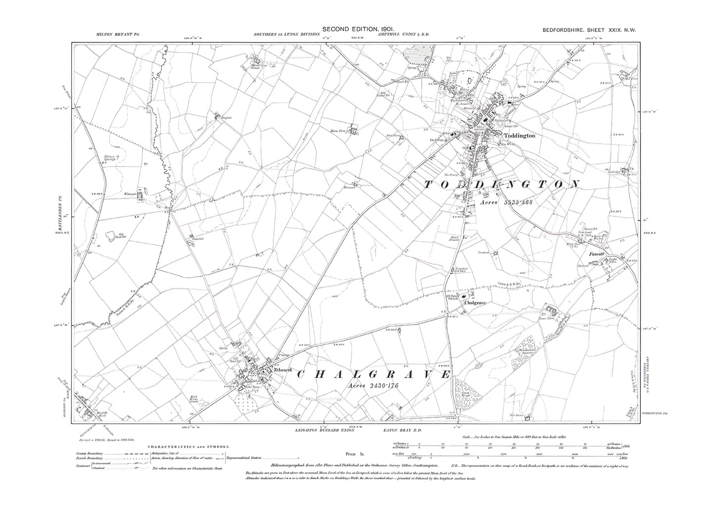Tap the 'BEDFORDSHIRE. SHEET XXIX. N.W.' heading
click(588, 30)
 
